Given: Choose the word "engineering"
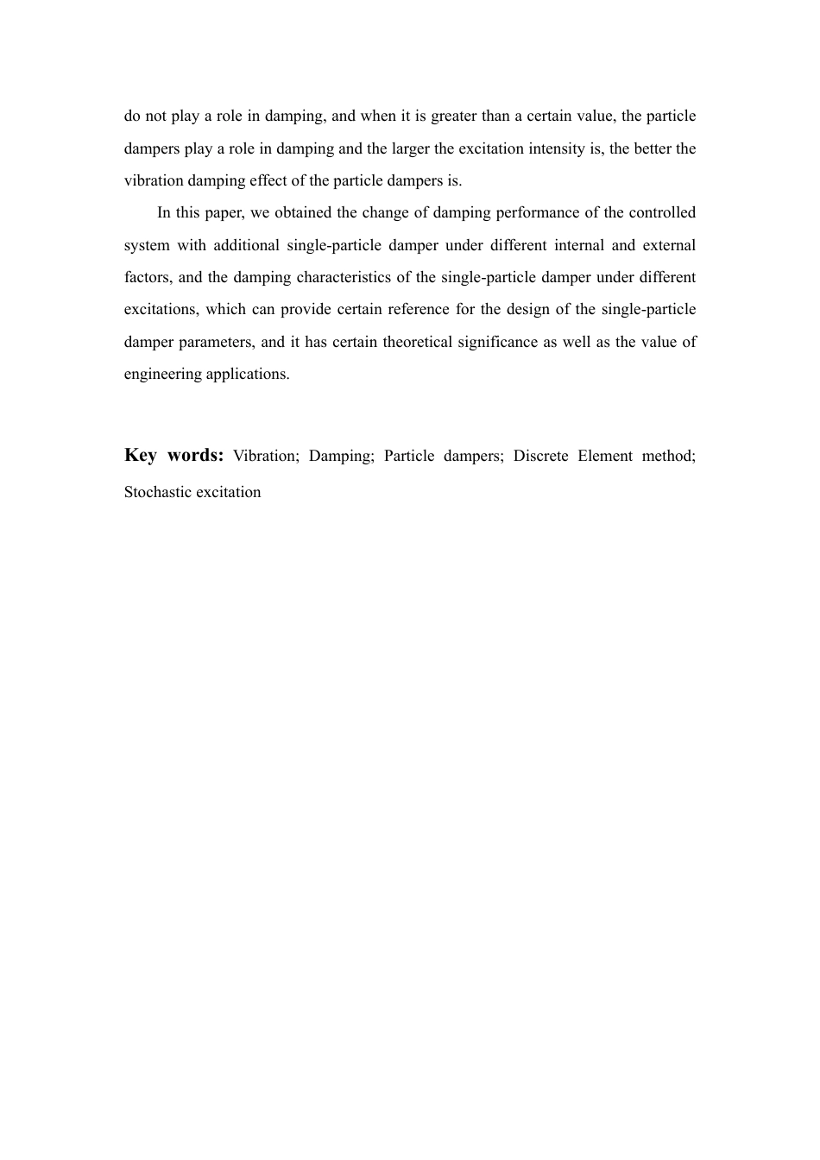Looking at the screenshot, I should (x=162, y=374).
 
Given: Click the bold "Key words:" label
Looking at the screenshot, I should (x=173, y=455).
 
